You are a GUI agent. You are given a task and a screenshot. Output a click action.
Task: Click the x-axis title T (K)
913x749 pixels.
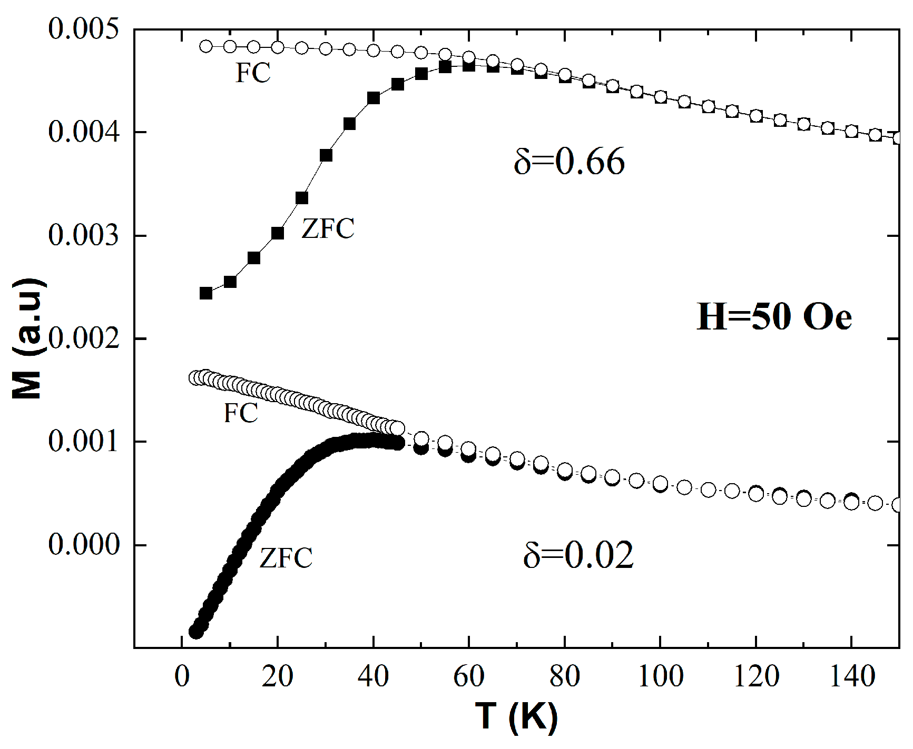[516, 717]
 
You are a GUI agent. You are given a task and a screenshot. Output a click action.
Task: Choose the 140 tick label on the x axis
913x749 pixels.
[851, 676]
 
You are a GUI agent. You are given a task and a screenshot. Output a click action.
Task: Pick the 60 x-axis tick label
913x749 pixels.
[469, 676]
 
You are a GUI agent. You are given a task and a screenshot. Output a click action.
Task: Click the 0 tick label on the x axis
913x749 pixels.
[182, 676]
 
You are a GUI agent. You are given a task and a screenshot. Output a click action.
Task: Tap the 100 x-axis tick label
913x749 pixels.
[660, 676]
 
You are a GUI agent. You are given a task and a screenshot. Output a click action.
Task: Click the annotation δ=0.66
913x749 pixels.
[569, 162]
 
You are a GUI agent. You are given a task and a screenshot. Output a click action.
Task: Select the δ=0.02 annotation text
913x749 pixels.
[578, 556]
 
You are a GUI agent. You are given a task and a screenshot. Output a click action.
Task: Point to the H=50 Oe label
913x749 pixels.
[774, 317]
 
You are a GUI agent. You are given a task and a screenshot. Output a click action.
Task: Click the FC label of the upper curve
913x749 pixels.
[253, 73]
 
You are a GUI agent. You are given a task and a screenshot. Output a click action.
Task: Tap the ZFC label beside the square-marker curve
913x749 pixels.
[328, 229]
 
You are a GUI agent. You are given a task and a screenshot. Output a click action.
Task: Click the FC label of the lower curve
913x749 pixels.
[241, 413]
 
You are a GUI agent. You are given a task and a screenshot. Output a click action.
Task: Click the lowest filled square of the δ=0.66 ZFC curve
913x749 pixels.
[206, 293]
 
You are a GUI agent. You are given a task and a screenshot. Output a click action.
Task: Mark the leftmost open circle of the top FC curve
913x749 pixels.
[206, 46]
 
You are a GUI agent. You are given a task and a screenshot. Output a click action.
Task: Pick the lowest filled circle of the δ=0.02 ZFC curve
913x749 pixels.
[196, 632]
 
